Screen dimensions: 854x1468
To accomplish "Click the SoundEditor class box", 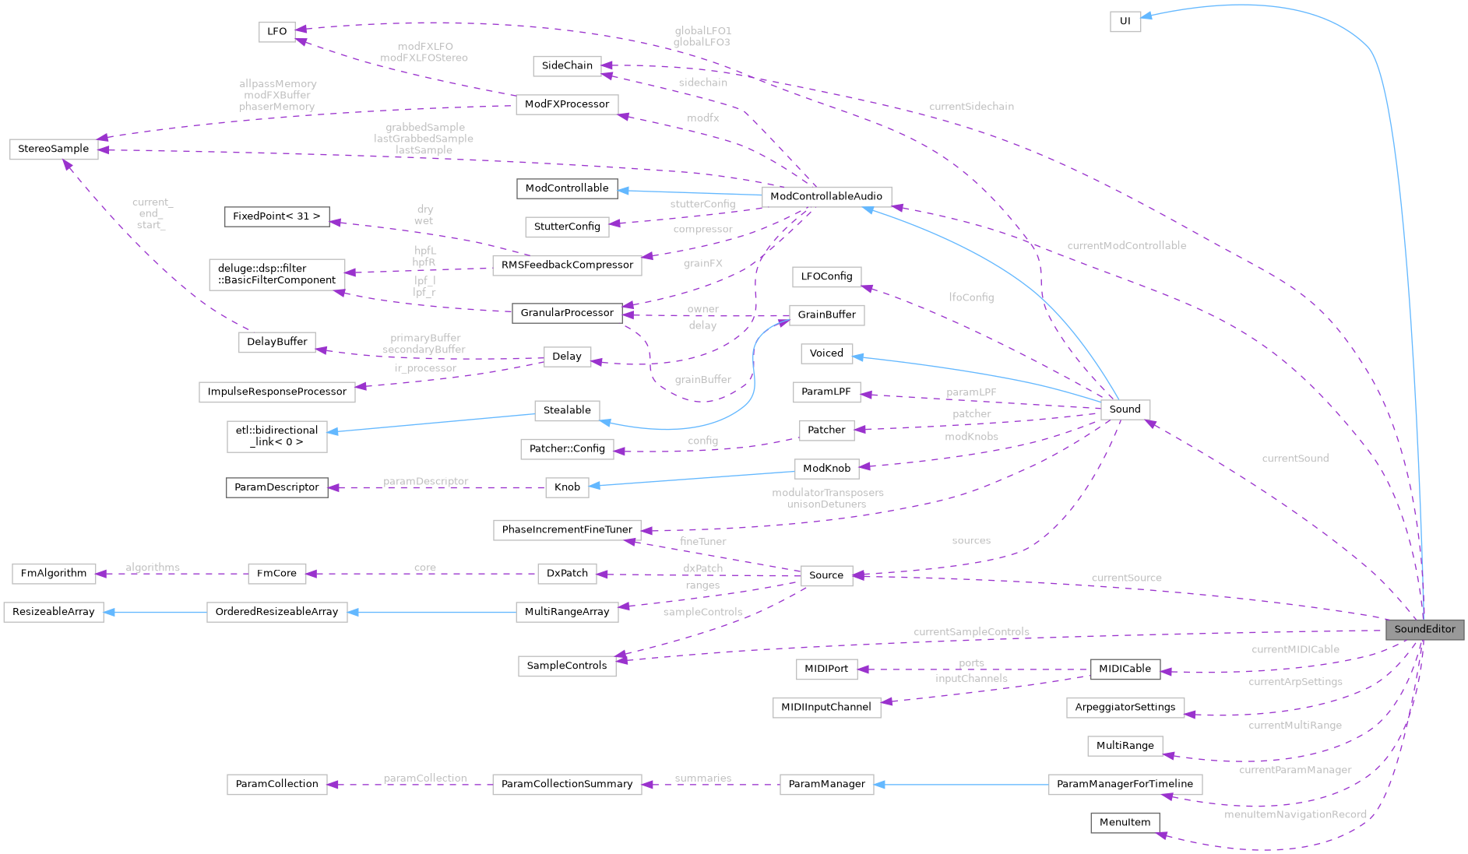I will tap(1424, 629).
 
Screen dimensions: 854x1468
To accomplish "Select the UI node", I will tap(1125, 21).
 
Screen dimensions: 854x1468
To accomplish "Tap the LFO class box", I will tap(276, 31).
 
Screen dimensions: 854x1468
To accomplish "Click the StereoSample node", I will tap(54, 149).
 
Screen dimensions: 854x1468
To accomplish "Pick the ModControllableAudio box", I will tap(826, 196).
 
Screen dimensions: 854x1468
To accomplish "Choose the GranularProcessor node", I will tap(566, 313).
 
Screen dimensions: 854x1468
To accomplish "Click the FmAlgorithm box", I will tap(54, 573).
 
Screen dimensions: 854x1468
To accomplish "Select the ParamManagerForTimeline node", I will tap(1124, 784).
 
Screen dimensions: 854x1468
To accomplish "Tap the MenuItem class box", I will tap(1124, 822).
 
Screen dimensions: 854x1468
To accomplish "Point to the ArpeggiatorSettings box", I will tap(1125, 707).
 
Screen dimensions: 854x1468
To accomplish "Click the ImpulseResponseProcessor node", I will tap(276, 392).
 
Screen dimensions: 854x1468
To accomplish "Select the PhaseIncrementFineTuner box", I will tap(566, 529).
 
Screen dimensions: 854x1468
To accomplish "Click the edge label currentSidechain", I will tap(971, 106).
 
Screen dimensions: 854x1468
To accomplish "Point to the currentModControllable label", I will tap(1126, 245).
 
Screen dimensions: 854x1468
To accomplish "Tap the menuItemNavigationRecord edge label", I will tap(1294, 814).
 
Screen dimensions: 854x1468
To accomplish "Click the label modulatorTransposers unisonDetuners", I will tap(827, 498).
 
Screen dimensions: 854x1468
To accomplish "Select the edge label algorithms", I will tap(152, 568).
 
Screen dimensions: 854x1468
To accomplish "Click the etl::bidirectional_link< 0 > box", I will tap(276, 436).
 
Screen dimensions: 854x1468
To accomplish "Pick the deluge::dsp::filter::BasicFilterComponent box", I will tap(276, 274).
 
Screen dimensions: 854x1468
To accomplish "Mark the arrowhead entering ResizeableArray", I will tap(109, 612).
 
